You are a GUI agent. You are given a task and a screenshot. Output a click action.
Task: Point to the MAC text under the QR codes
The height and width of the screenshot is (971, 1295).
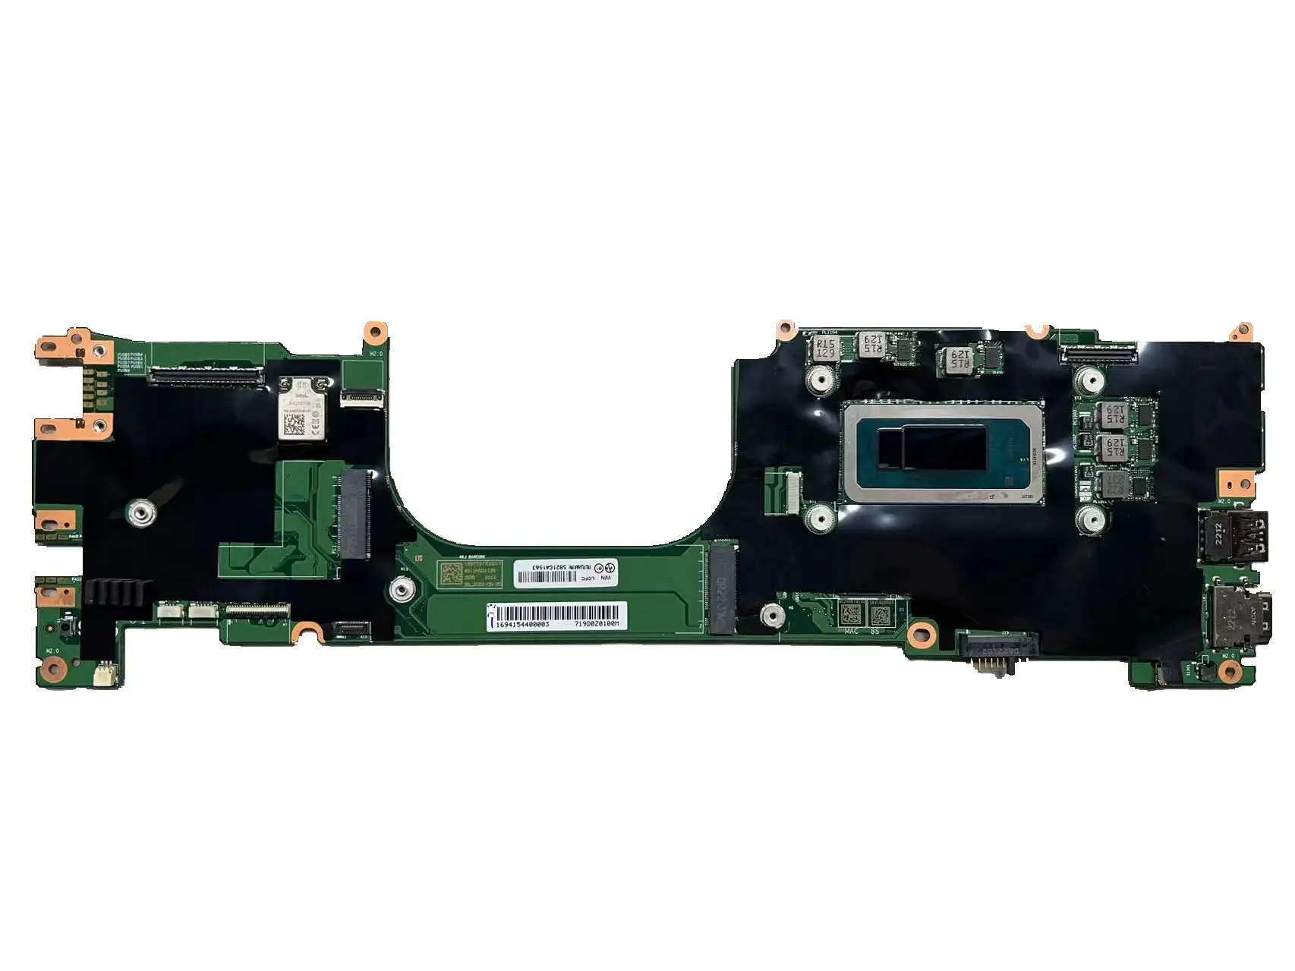coord(852,630)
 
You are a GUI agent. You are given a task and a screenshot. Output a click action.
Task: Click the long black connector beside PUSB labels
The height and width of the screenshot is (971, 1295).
coord(206,374)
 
